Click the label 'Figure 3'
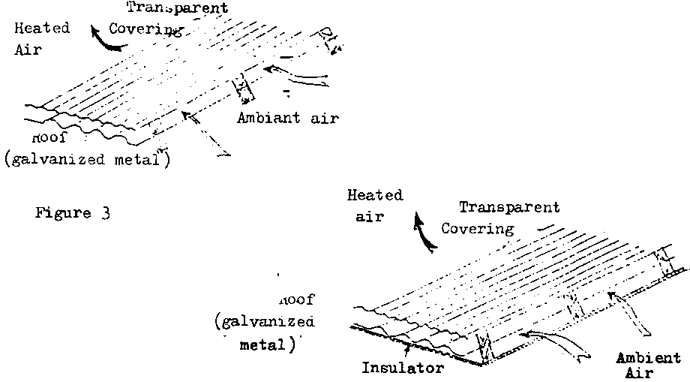[x=73, y=213]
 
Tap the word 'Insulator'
[x=403, y=368]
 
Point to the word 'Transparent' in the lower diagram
[x=509, y=207]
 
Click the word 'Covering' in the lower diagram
[x=477, y=228]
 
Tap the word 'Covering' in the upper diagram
[x=146, y=29]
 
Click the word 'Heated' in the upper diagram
[x=43, y=29]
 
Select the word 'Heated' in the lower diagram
[x=375, y=195]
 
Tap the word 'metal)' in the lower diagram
[x=263, y=347]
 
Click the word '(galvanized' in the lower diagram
[x=263, y=323]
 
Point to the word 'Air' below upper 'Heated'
[x=28, y=50]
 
